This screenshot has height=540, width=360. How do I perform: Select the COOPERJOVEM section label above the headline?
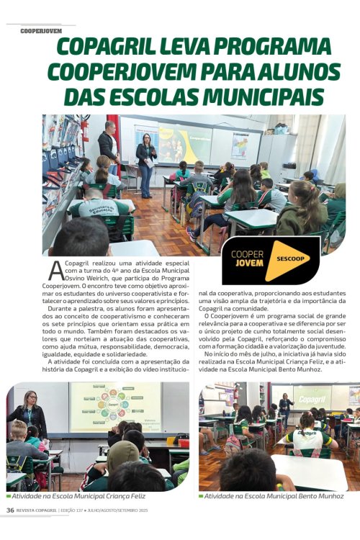coord(40,32)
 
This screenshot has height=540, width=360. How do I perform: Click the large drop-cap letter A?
coord(55,270)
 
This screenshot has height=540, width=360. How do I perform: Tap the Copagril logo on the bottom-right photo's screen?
coord(312,398)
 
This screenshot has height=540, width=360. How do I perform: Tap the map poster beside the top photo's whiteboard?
coord(240,145)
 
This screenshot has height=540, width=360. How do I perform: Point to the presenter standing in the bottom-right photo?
coord(284,408)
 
